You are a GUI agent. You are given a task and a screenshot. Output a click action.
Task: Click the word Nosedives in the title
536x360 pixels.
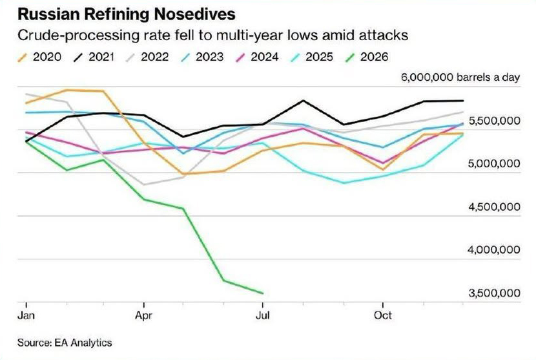pyautogui.click(x=194, y=14)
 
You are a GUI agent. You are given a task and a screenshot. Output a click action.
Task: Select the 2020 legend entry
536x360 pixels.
pyautogui.click(x=39, y=57)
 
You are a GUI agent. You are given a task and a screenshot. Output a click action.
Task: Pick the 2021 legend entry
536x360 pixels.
pyautogui.click(x=94, y=57)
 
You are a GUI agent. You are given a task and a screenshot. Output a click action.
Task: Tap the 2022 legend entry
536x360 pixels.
pyautogui.click(x=147, y=57)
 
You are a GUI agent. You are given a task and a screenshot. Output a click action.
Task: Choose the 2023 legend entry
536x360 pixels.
pyautogui.click(x=201, y=57)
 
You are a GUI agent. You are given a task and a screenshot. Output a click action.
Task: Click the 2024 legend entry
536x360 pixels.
pyautogui.click(x=257, y=57)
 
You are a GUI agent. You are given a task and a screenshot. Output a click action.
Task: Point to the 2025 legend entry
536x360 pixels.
pyautogui.click(x=311, y=57)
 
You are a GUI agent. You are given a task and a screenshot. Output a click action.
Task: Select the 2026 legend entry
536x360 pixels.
pyautogui.click(x=366, y=57)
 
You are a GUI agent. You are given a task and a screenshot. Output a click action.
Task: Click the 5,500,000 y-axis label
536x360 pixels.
pyautogui.click(x=494, y=121)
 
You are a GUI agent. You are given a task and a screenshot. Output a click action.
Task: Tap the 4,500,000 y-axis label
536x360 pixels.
pyautogui.click(x=494, y=207)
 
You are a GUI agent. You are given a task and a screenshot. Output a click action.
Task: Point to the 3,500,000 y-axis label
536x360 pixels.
pyautogui.click(x=494, y=293)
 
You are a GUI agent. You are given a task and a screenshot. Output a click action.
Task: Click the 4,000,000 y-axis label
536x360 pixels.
pyautogui.click(x=494, y=250)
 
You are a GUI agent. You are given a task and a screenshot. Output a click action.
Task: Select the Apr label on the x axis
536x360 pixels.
pyautogui.click(x=143, y=315)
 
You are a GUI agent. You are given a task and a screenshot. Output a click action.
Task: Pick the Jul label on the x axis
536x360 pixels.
pyautogui.click(x=263, y=315)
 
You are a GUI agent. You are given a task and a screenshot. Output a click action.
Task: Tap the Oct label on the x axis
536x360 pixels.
pyautogui.click(x=382, y=315)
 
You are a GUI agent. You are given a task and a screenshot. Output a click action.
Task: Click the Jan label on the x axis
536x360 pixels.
pyautogui.click(x=26, y=315)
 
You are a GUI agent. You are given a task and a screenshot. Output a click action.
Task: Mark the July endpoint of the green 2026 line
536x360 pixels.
pyautogui.click(x=263, y=293)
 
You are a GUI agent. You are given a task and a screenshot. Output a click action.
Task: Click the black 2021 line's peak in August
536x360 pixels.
pyautogui.click(x=303, y=101)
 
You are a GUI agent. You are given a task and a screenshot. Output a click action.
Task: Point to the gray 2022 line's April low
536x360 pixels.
pyautogui.click(x=145, y=184)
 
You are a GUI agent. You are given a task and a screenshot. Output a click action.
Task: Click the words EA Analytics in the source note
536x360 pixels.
pyautogui.click(x=83, y=343)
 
